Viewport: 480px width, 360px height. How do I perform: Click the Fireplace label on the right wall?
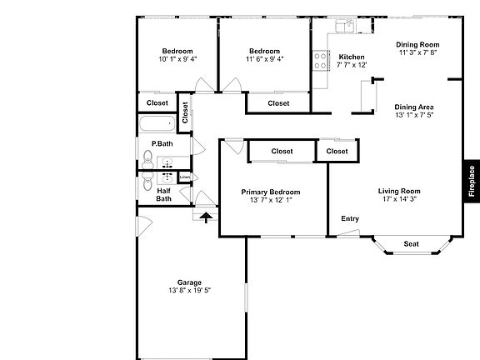point(471,181)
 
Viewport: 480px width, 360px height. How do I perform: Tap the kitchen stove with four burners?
point(319,60)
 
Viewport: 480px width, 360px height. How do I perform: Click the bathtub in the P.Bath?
point(157,126)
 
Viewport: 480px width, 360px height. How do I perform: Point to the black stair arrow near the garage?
point(205,215)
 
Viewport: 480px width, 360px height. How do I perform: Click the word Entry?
point(350,218)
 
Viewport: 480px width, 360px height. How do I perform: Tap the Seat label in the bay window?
point(411,244)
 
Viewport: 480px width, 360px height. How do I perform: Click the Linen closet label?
point(184,177)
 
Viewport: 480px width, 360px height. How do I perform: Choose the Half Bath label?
point(164,194)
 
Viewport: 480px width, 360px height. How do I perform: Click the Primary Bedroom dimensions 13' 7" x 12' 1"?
point(271,200)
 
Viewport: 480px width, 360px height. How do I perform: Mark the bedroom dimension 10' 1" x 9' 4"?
point(177,59)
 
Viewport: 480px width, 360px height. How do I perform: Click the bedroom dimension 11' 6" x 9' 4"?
point(264,59)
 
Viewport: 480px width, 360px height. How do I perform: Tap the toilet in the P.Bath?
point(148,158)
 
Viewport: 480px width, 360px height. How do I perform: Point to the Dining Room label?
point(417,44)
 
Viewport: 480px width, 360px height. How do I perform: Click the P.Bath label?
point(162,143)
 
